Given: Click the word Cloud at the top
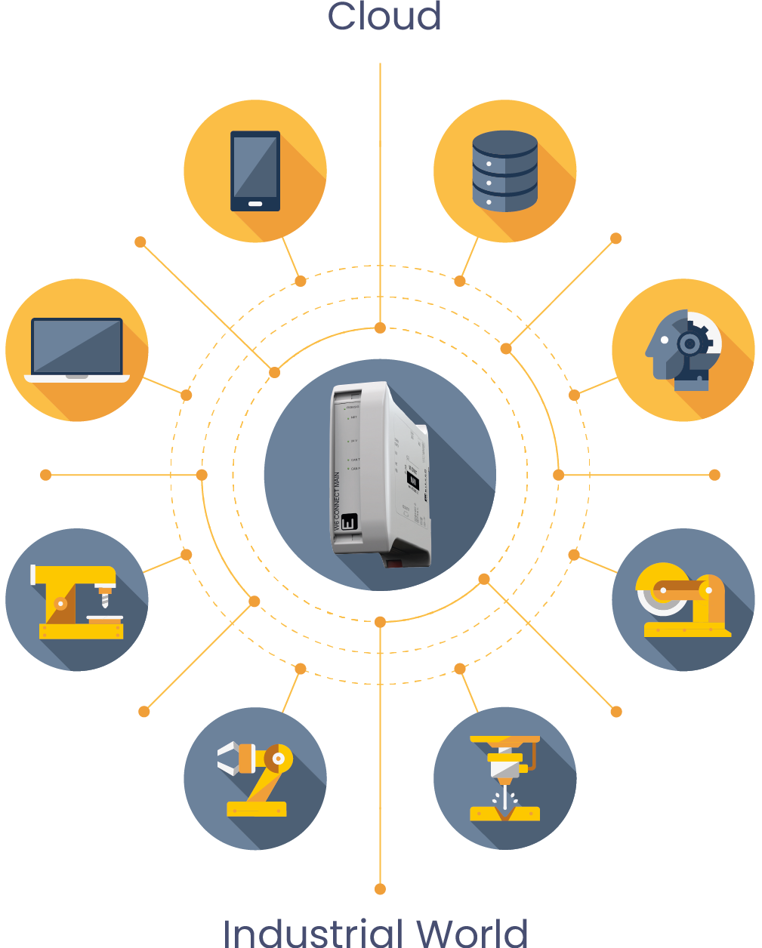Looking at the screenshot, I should pyautogui.click(x=384, y=17).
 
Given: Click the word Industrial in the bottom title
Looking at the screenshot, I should pyautogui.click(x=313, y=933).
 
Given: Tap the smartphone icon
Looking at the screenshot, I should pyautogui.click(x=255, y=171).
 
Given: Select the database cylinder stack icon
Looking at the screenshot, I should pyautogui.click(x=504, y=171).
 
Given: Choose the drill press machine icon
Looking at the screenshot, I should pyautogui.click(x=77, y=601).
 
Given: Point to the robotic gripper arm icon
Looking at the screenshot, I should pyautogui.click(x=255, y=778).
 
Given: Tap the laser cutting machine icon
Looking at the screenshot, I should pyautogui.click(x=504, y=778).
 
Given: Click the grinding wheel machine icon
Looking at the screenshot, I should pyautogui.click(x=683, y=601).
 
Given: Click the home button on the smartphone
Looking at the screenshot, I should pyautogui.click(x=255, y=204).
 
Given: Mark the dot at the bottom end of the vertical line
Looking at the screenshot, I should pyautogui.click(x=380, y=889).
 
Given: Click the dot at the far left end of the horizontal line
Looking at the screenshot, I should pyautogui.click(x=45, y=475).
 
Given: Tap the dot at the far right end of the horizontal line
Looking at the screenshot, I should pyautogui.click(x=714, y=475).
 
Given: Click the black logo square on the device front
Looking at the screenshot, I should pyautogui.click(x=348, y=522).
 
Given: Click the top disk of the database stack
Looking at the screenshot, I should pyautogui.click(x=504, y=143).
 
